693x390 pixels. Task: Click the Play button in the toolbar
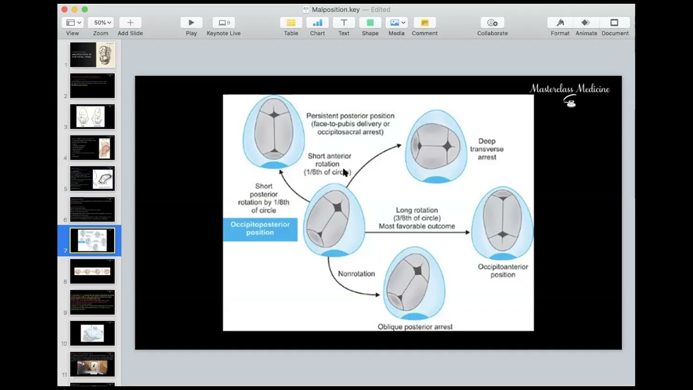(191, 23)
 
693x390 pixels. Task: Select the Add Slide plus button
(130, 23)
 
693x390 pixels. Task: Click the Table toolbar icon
(291, 23)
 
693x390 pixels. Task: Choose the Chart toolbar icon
(317, 23)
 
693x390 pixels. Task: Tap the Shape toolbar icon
(370, 23)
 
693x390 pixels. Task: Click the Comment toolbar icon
(424, 23)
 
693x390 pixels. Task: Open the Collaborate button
(492, 23)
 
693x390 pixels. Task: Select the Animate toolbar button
(586, 23)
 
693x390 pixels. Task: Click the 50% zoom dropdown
(102, 23)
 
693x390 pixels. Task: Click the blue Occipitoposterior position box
(260, 229)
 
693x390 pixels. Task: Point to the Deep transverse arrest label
(487, 149)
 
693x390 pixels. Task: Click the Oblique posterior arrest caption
(415, 327)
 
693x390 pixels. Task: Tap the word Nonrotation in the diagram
(356, 274)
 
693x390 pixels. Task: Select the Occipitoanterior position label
(502, 270)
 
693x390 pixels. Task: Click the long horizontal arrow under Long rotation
(417, 232)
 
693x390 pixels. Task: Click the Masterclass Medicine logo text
(569, 89)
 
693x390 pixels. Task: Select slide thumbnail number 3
(93, 116)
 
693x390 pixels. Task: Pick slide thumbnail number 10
(93, 333)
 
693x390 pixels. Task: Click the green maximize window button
(84, 9)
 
